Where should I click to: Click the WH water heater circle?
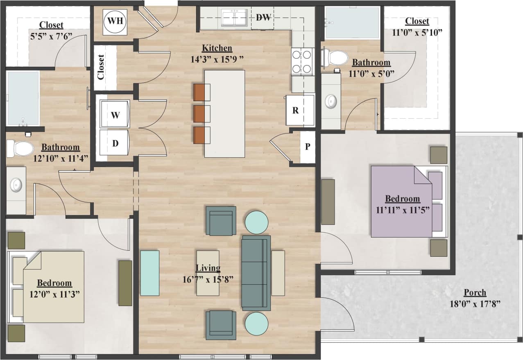(x=115, y=21)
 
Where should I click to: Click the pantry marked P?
(x=307, y=147)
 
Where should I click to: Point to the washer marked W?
(x=115, y=115)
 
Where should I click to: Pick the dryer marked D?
(x=115, y=143)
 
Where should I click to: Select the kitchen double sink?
(x=234, y=18)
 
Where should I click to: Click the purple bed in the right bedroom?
(x=401, y=202)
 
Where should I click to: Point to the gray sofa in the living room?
(x=256, y=272)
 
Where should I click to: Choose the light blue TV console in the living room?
(x=149, y=273)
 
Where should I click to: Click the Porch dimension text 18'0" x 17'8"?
(x=475, y=304)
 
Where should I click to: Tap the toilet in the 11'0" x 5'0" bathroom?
(x=337, y=57)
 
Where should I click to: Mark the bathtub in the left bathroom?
(x=23, y=98)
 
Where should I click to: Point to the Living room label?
(x=208, y=268)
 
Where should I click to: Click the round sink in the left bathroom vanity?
(x=16, y=185)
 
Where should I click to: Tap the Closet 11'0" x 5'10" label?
(x=417, y=21)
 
